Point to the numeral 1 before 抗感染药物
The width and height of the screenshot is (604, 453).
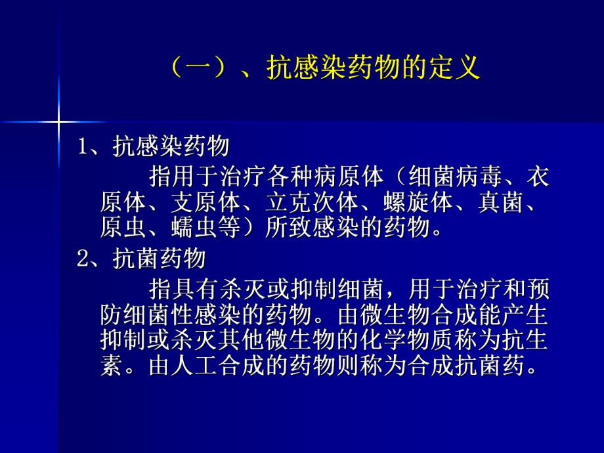[83, 146]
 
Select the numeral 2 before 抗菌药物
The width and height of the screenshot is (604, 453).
[83, 259]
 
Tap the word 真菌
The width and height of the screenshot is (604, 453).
[508, 202]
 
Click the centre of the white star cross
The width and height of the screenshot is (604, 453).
[58, 121]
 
